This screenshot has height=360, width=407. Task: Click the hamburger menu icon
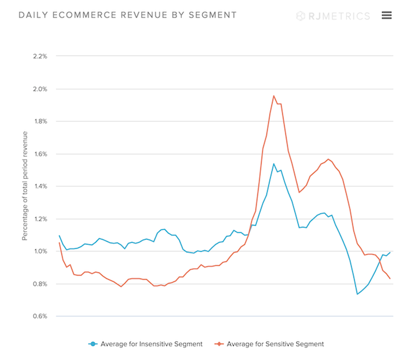(386, 15)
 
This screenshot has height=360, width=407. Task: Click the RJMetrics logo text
(338, 16)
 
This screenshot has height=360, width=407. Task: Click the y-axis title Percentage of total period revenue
(26, 186)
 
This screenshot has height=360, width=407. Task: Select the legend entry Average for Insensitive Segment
(150, 344)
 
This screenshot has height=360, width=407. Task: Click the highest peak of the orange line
(274, 95)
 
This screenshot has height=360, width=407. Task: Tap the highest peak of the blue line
(274, 164)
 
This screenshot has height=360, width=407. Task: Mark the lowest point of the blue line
(357, 294)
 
